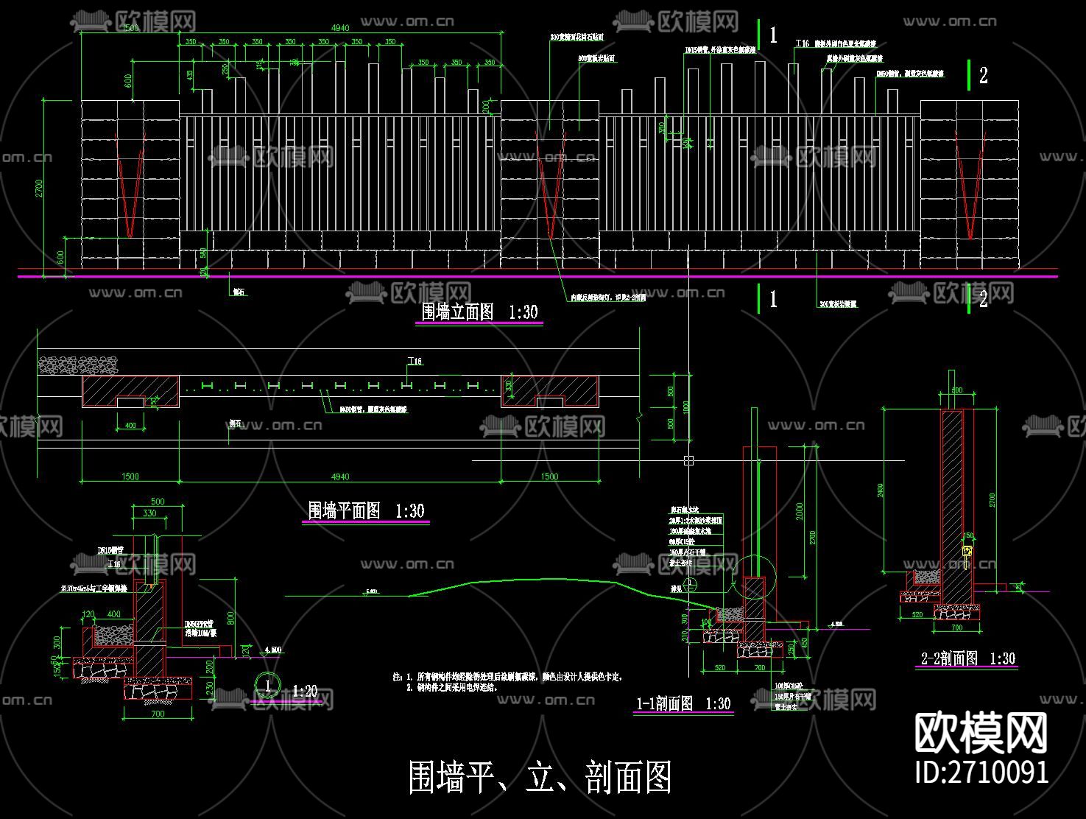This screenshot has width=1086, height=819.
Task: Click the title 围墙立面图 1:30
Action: pyautogui.click(x=479, y=312)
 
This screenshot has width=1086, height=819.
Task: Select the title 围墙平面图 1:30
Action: pyautogui.click(x=366, y=510)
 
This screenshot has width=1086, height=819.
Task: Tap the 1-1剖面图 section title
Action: pyautogui.click(x=683, y=703)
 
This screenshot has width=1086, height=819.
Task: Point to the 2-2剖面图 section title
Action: pyautogui.click(x=967, y=658)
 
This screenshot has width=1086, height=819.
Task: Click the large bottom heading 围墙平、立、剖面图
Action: pyautogui.click(x=540, y=777)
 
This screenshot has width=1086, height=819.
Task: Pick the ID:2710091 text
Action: pyautogui.click(x=981, y=772)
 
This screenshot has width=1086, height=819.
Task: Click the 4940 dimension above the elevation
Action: pyautogui.click(x=339, y=28)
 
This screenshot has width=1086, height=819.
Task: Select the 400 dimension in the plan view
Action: pyautogui.click(x=130, y=426)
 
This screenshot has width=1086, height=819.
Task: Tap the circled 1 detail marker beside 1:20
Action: pyautogui.click(x=267, y=685)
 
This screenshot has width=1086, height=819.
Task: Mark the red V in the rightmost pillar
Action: pyautogui.click(x=970, y=188)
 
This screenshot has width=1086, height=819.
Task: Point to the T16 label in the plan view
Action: pyautogui.click(x=415, y=362)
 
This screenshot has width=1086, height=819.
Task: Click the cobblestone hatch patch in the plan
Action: pyautogui.click(x=78, y=364)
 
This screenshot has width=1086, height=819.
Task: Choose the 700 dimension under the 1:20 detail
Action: pyautogui.click(x=158, y=713)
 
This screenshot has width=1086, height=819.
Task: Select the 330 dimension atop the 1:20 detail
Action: pyautogui.click(x=149, y=513)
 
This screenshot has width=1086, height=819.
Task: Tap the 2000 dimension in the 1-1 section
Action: pyautogui.click(x=800, y=511)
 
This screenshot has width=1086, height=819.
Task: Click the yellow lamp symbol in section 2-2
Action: pyautogui.click(x=968, y=551)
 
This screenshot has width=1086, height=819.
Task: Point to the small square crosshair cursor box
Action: pyautogui.click(x=688, y=460)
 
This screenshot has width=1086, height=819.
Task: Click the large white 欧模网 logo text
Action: pyautogui.click(x=981, y=732)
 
